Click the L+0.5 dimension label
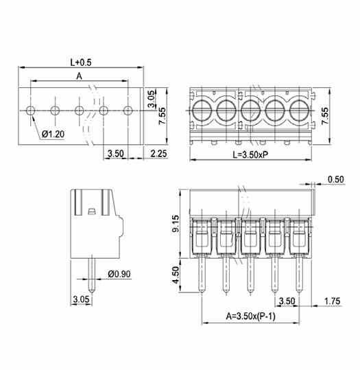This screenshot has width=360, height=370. pyautogui.click(x=81, y=62)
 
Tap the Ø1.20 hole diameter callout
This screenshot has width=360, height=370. pyautogui.click(x=53, y=135)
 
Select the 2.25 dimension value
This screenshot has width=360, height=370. pyautogui.click(x=158, y=154)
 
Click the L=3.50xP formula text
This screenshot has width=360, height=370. pyautogui.click(x=250, y=155)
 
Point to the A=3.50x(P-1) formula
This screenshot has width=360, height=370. pyautogui.click(x=250, y=316)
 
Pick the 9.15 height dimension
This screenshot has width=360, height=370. pyautogui.click(x=176, y=224)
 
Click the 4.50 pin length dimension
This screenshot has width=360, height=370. pyautogui.click(x=176, y=275)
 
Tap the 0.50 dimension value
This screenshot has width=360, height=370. pyautogui.click(x=336, y=179)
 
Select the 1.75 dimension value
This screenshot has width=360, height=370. pyautogui.click(x=332, y=301)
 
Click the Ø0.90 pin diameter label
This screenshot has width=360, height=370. pyautogui.click(x=119, y=274)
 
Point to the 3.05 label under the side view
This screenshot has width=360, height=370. pyautogui.click(x=81, y=299)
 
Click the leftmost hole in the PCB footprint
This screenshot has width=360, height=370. pyautogui.click(x=30, y=111)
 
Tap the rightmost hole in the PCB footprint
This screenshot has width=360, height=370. pyautogui.click(x=128, y=111)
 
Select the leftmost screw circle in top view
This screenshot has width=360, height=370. pyautogui.click(x=202, y=111)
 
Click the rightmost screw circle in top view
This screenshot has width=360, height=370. pyautogui.click(x=300, y=111)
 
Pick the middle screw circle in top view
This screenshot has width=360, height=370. pyautogui.click(x=250, y=111)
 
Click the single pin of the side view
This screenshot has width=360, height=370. pyautogui.click(x=92, y=275)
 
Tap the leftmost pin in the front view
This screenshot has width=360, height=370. pyautogui.click(x=202, y=274)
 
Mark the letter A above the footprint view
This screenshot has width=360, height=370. pyautogui.click(x=80, y=76)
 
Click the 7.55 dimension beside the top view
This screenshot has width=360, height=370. pyautogui.click(x=324, y=116)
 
